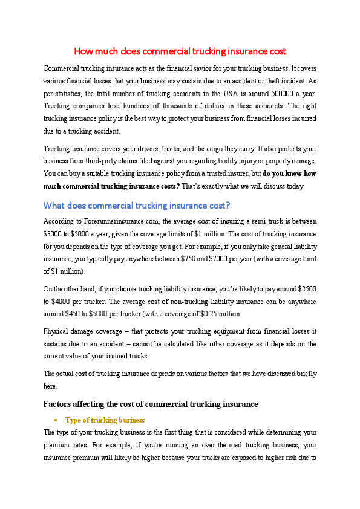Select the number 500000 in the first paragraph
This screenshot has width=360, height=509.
click(x=255, y=93)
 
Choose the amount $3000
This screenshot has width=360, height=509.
click(x=53, y=234)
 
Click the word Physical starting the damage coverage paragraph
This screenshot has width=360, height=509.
click(x=59, y=331)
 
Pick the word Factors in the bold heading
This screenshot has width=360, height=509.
click(x=59, y=404)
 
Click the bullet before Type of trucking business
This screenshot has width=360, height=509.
click(x=55, y=420)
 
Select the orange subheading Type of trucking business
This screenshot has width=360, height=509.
click(x=105, y=420)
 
